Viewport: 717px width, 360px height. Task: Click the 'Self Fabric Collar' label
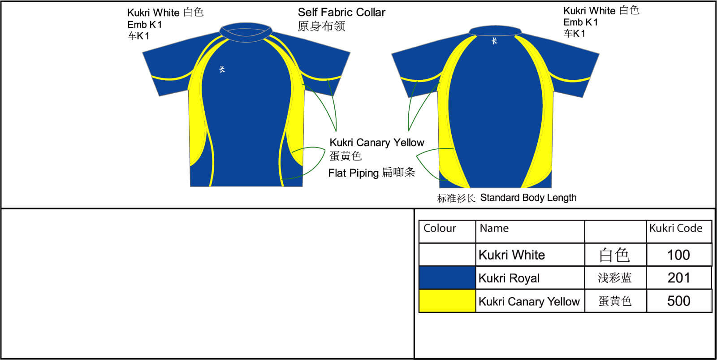coord(341,13)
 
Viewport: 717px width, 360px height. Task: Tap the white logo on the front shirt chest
coord(222,69)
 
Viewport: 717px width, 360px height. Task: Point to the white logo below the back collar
coord(494,41)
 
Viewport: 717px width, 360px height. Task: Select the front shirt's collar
coord(246,32)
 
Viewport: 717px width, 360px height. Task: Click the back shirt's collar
coord(495,30)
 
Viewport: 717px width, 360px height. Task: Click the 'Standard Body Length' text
coord(528,198)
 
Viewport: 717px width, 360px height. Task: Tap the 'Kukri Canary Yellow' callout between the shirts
coord(376,143)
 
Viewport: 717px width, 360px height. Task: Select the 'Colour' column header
coord(440,228)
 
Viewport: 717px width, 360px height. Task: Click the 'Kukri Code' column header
coord(676,228)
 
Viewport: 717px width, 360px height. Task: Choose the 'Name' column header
coord(494,228)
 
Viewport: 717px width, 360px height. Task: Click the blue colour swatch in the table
coord(447,278)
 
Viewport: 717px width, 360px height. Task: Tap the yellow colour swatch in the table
coord(447,301)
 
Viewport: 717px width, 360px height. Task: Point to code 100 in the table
coord(678,255)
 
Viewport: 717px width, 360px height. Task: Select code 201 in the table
coord(678,278)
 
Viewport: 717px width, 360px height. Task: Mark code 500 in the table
coord(678,301)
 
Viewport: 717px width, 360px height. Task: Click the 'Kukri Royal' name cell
coord(509,278)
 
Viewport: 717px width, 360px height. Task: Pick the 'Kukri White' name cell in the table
coord(512,255)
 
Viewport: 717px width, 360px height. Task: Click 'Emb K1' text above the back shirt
coord(580,22)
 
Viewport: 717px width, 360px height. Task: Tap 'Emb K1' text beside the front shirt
coord(144,25)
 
